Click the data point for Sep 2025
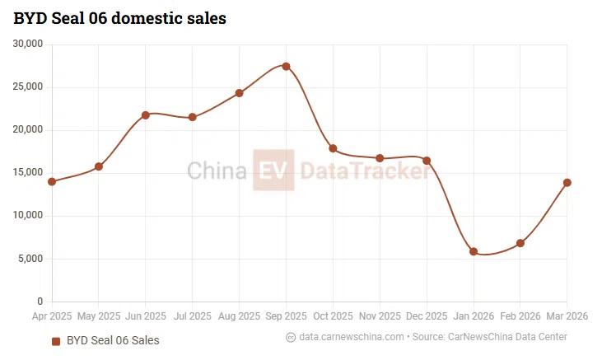click(286, 66)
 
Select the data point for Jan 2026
click(474, 251)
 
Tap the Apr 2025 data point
click(52, 181)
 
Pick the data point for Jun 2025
click(146, 115)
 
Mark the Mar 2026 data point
click(567, 182)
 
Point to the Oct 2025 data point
click(333, 148)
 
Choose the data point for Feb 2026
click(520, 243)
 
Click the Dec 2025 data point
click(427, 161)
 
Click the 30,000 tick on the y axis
click(29, 44)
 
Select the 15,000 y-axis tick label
click(29, 173)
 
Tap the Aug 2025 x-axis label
click(239, 316)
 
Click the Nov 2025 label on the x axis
click(380, 316)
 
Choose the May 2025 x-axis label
click(98, 316)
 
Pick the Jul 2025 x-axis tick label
click(192, 316)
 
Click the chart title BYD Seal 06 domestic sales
click(119, 17)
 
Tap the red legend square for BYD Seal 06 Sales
click(56, 340)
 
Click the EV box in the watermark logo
click(273, 171)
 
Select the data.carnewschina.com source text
click(352, 337)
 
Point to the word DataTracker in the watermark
click(364, 171)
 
